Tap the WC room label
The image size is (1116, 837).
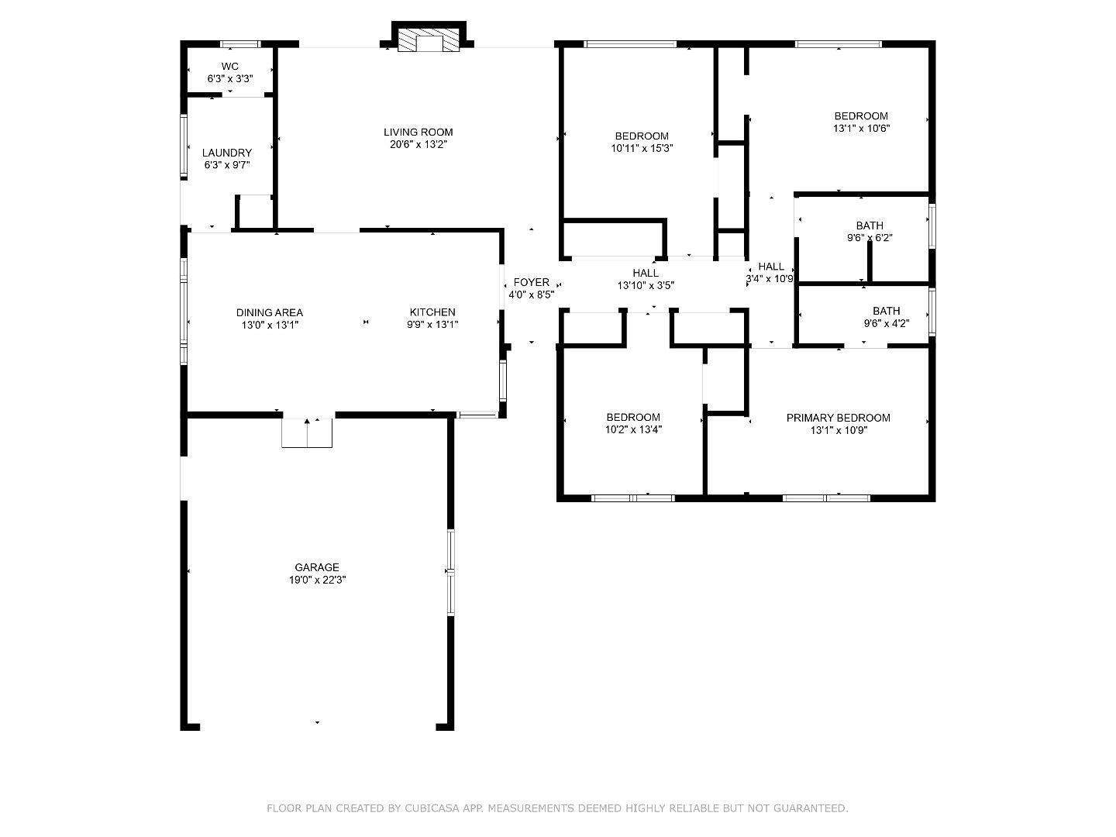229,67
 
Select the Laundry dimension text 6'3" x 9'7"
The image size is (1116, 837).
227,165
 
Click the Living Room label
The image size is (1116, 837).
418,132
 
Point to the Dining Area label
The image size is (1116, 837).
270,312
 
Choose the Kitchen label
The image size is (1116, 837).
432,312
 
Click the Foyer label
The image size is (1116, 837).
531,283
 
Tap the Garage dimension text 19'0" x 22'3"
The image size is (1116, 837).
316,580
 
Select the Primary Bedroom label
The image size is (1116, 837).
838,418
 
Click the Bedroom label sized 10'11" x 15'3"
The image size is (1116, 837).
642,136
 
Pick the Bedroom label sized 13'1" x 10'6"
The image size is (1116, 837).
861,116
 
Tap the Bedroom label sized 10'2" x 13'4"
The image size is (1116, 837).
633,418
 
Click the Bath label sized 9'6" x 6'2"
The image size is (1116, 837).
870,226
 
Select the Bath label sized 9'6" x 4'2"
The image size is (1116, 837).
886,312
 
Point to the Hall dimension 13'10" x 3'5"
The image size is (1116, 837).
646,285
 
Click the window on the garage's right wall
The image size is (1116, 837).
450,573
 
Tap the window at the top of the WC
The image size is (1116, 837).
239,44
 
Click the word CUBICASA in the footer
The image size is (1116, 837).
432,808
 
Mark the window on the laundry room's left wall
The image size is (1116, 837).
184,146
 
